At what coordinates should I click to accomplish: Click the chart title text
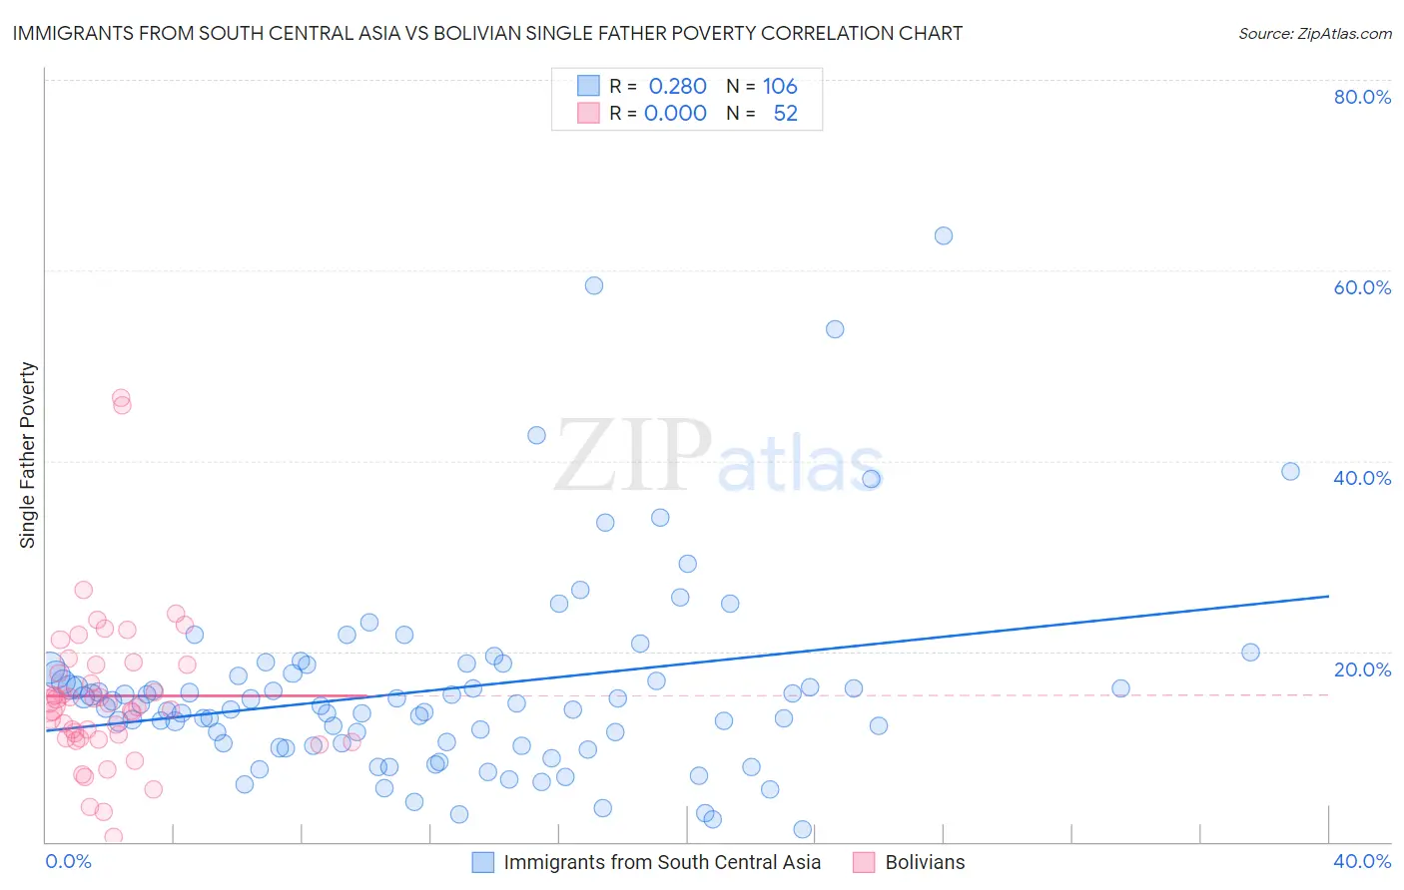click(x=487, y=33)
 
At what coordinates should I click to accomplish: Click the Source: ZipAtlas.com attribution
click(x=1314, y=34)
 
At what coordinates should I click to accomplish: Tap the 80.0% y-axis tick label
click(x=1362, y=97)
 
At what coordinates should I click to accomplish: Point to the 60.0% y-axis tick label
click(x=1362, y=287)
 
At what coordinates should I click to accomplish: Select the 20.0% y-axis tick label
click(x=1362, y=669)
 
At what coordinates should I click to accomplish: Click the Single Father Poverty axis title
click(x=28, y=455)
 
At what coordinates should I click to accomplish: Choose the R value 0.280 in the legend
click(x=677, y=87)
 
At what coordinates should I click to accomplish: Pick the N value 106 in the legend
click(x=780, y=87)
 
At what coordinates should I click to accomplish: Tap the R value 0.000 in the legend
click(x=675, y=114)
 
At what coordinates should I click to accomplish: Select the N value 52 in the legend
click(x=785, y=114)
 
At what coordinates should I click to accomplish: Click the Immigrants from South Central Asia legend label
click(x=662, y=863)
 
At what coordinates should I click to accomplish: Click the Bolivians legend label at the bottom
click(x=925, y=863)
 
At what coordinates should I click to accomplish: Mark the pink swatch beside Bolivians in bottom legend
click(x=864, y=863)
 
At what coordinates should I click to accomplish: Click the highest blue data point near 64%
click(x=944, y=236)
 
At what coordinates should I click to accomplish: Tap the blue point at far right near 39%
click(x=1290, y=472)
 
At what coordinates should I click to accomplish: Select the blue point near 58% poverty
click(x=594, y=285)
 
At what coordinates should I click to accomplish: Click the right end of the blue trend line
click(x=1328, y=596)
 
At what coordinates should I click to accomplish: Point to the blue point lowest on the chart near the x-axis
click(x=802, y=830)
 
